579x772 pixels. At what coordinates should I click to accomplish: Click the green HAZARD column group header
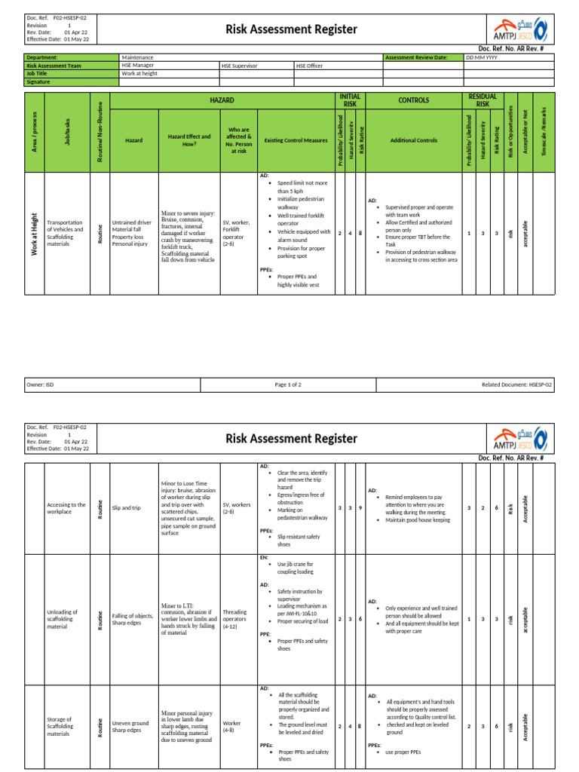222,100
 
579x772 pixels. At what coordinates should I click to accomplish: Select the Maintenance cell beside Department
138,57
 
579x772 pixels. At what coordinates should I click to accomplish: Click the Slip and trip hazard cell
127,508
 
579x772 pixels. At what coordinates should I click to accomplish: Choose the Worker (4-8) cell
232,726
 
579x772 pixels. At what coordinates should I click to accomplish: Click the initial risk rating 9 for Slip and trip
360,508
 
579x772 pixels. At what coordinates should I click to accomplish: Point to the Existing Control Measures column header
296,140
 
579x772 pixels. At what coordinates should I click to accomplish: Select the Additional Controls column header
413,140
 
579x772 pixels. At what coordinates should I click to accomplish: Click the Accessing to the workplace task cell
66,508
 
